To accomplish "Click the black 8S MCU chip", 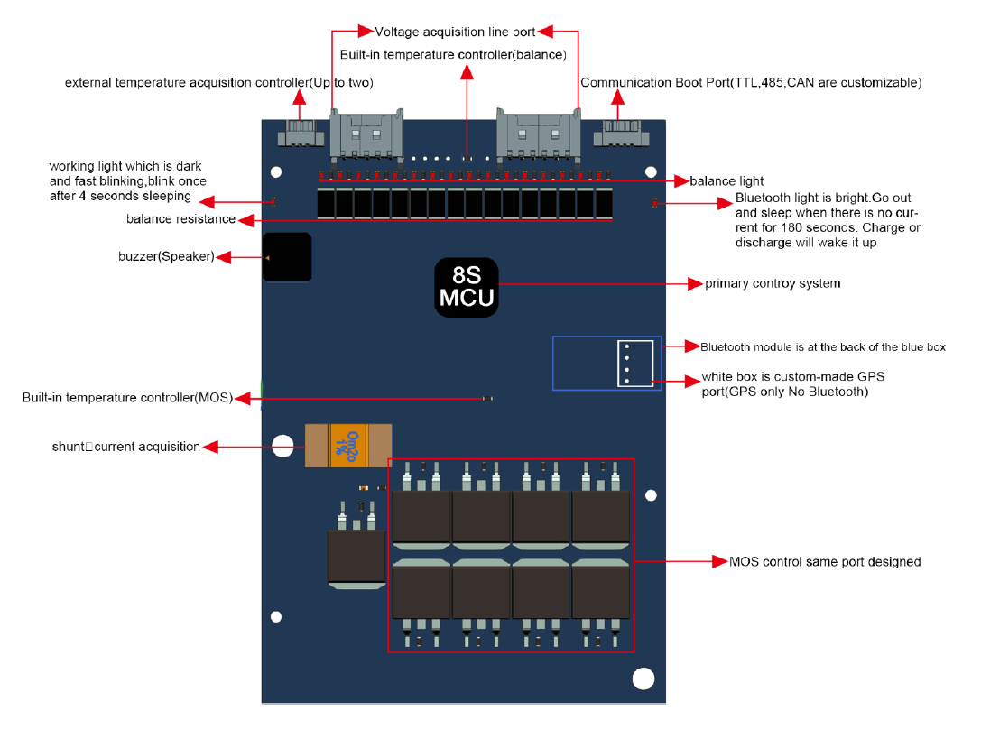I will (466, 288).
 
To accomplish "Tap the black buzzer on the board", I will (287, 257).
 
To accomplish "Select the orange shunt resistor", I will (347, 446).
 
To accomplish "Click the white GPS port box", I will (634, 364).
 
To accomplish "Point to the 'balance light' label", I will (726, 181).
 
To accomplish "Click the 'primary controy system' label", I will (773, 283).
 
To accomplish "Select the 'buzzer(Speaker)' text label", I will (166, 257).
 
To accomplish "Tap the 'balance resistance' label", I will (180, 219).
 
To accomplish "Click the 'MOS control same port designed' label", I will (825, 561).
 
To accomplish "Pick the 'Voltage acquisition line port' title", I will (455, 32).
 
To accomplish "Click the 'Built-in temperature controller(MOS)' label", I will (127, 398).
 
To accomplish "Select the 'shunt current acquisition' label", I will (126, 446).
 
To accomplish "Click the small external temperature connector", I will (298, 134).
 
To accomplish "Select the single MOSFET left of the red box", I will (356, 553).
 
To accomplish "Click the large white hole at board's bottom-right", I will (643, 678).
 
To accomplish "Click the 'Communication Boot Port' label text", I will (750, 83).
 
